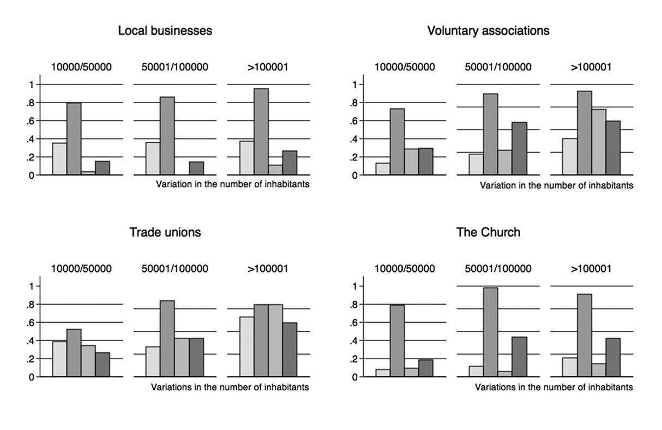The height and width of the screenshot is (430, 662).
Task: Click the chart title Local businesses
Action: tap(165, 31)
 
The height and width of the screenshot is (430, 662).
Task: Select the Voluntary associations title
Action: tap(488, 31)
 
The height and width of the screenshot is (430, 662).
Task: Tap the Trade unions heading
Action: tap(165, 233)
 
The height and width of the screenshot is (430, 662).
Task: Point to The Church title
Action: tap(488, 233)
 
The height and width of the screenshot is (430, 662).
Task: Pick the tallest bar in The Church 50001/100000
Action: tap(490, 332)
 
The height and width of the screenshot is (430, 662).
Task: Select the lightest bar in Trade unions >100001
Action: tap(247, 347)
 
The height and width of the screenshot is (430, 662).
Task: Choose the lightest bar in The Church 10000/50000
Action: tap(383, 373)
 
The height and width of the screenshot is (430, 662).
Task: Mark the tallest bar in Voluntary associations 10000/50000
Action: tap(397, 142)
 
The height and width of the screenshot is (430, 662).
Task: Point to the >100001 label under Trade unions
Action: tap(268, 269)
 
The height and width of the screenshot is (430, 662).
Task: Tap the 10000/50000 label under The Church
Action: tap(405, 269)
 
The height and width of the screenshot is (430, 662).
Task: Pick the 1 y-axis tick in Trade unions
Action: tap(32, 286)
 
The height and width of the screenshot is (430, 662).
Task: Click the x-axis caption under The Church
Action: tap(553, 387)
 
